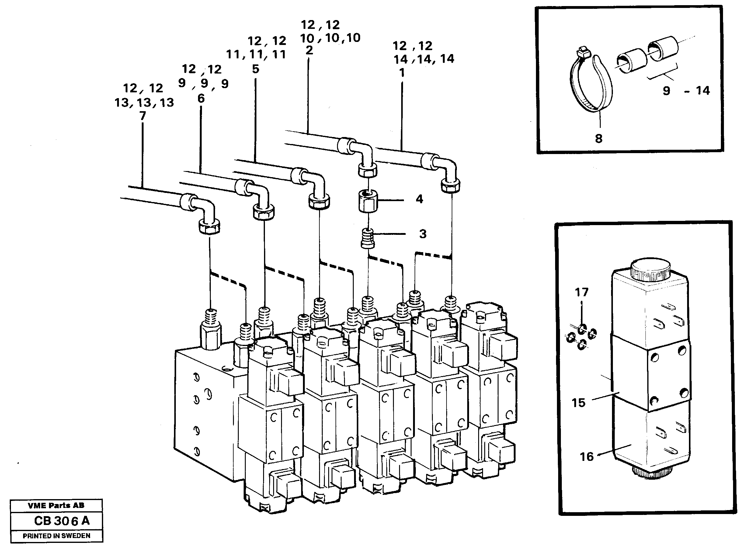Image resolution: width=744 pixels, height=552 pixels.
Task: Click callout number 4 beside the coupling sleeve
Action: pos(419,199)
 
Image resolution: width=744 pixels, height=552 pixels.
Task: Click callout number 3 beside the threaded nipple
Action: pos(423,234)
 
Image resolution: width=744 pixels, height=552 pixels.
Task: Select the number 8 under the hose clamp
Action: pos(599,138)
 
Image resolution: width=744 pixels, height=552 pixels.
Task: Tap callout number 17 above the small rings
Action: pos(581,292)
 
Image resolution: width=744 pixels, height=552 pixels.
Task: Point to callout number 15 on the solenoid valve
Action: pos(579,403)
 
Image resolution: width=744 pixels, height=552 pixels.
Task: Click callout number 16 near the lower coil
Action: pos(586,456)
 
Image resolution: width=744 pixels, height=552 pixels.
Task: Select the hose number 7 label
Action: pos(143,116)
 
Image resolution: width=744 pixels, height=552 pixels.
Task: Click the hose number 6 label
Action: pos(201,98)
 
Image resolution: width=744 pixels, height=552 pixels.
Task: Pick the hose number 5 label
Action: pos(255,69)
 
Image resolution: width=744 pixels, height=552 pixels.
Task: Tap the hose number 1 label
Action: pos(402,73)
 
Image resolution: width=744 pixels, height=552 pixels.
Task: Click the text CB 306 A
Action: pos(62,521)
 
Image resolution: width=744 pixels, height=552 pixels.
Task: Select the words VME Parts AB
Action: pos(56,506)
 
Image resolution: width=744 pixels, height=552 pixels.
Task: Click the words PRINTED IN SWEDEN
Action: pos(57,536)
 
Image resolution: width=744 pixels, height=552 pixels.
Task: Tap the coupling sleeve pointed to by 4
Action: pos(368,201)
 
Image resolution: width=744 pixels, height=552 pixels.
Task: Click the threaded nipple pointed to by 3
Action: pos(368,238)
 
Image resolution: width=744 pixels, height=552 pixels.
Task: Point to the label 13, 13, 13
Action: pos(144,103)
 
